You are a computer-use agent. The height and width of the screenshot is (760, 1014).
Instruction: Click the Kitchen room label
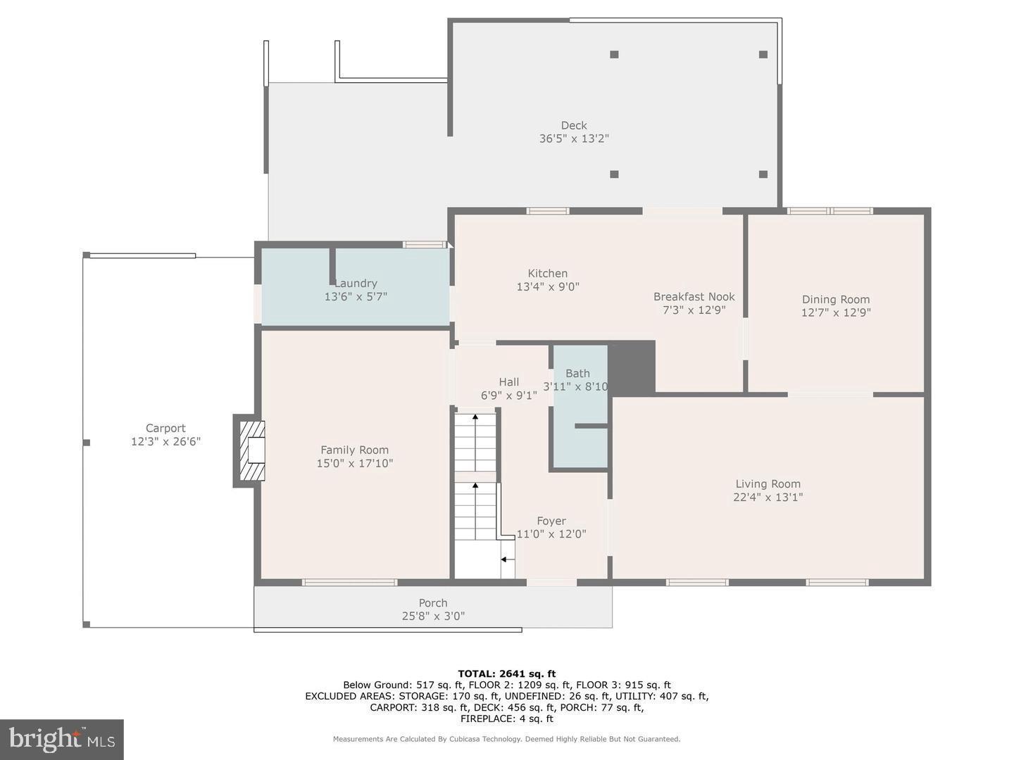point(547,273)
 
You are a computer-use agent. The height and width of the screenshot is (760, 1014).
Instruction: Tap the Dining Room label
point(836,300)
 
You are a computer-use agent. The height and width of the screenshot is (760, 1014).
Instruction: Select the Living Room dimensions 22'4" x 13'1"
point(768,497)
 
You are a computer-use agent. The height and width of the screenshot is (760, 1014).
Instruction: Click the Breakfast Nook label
point(694,297)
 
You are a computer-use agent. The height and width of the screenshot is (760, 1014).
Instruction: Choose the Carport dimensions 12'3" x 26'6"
point(166,442)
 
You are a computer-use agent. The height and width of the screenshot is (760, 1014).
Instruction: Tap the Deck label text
point(574,125)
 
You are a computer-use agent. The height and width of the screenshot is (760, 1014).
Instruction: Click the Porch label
point(433,602)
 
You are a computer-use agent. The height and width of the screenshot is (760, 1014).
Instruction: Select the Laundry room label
point(356,283)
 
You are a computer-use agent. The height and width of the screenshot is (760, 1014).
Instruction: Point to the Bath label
point(577,373)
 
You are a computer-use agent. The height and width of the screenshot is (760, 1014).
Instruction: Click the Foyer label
point(551,521)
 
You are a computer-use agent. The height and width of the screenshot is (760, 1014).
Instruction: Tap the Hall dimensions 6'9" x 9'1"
point(508,395)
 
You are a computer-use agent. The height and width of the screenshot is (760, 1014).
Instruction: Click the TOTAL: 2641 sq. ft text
point(507,673)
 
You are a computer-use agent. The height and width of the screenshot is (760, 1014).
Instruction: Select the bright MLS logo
point(62,739)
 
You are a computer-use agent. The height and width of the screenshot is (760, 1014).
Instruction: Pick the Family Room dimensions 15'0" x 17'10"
point(354,463)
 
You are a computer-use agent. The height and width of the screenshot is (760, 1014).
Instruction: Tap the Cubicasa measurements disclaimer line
point(507,739)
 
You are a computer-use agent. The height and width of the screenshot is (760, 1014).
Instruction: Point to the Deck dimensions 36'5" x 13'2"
point(574,139)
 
